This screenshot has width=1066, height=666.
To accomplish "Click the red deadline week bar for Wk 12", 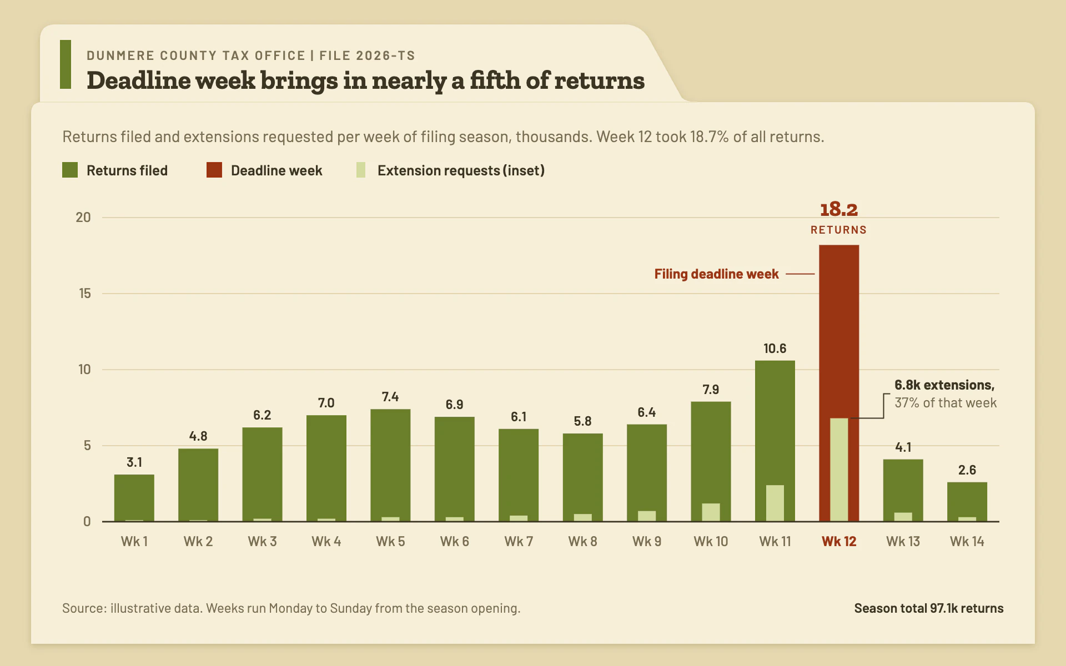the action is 839,333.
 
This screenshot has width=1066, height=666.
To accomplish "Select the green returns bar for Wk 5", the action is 390,465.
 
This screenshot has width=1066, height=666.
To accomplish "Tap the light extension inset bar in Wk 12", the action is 839,470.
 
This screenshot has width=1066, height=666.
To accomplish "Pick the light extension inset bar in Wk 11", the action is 775,503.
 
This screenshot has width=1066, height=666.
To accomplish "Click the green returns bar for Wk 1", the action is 134,498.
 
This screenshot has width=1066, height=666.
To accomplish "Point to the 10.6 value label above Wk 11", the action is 775,349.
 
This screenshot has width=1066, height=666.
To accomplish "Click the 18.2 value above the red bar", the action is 839,209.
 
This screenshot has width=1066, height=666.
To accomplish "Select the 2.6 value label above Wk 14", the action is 967,470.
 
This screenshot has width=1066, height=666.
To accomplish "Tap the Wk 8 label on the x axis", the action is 583,541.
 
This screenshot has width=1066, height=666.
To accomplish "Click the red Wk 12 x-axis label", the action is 839,541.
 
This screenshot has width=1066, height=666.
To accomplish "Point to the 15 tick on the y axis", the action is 84,293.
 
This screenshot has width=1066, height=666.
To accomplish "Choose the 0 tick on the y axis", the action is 87,521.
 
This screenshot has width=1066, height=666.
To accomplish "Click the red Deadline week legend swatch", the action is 214,170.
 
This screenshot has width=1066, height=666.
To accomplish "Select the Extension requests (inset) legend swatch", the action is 361,170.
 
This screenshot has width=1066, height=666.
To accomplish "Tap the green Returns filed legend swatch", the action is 70,170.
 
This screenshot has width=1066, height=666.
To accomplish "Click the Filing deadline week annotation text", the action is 716,274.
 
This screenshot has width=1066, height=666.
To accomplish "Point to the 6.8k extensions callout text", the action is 944,385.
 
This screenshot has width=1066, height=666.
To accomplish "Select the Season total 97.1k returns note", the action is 929,608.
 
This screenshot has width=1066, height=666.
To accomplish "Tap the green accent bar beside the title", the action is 66,64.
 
